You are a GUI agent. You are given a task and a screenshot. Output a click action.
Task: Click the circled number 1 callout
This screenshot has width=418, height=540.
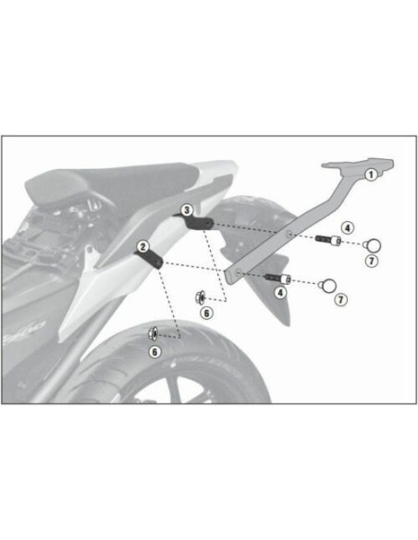tap(370, 174)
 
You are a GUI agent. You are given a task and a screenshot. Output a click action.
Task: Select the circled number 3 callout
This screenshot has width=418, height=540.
tap(186, 210)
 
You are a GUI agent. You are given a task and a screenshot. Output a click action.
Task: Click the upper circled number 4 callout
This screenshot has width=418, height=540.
tap(348, 227)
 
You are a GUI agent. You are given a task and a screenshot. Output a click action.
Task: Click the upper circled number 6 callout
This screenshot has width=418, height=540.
tap(206, 313)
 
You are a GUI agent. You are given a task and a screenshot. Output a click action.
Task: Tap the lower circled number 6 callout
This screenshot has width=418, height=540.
tap(154, 351)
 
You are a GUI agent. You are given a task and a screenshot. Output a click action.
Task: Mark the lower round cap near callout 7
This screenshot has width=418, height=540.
tap(325, 286)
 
